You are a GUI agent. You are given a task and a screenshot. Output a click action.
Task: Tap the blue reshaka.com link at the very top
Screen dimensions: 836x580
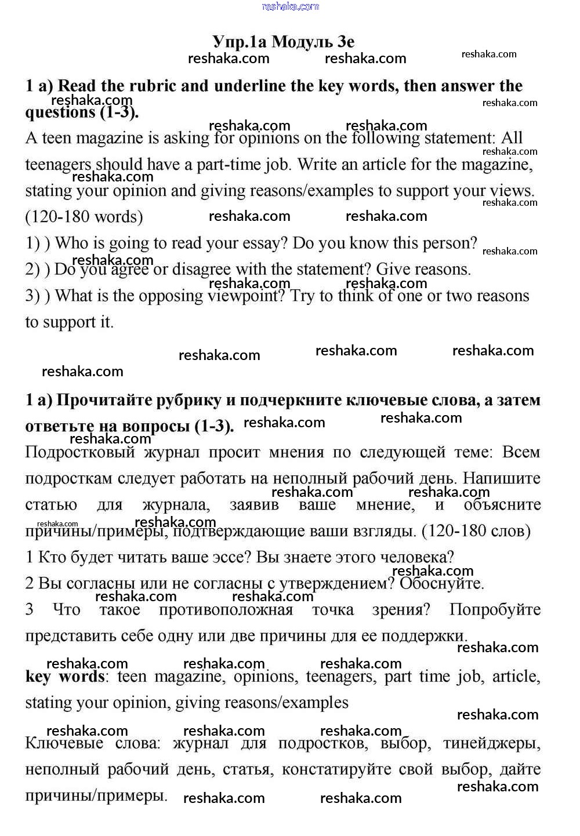pyautogui.click(x=290, y=6)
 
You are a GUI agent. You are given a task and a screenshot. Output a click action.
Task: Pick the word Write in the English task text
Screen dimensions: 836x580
pyautogui.click(x=317, y=164)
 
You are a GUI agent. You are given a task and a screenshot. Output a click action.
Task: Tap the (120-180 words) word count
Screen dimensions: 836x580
pyautogui.click(x=84, y=217)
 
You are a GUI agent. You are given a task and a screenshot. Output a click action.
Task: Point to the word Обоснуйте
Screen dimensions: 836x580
pyautogui.click(x=441, y=583)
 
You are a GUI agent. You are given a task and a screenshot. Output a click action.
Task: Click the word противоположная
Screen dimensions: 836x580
pyautogui.click(x=226, y=610)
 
